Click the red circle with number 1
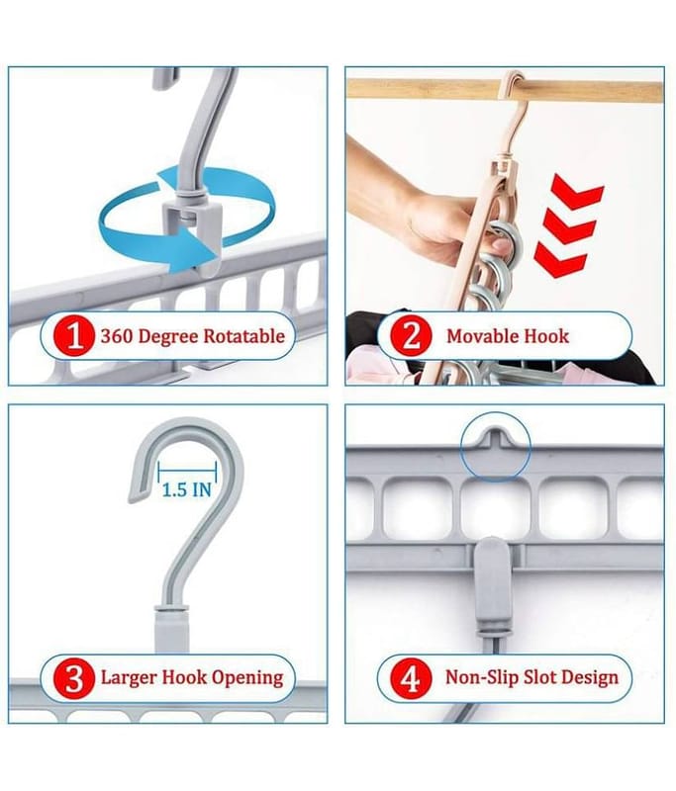(74, 335)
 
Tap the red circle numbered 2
(411, 335)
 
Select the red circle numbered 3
(74, 678)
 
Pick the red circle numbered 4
(411, 678)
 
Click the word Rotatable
(243, 336)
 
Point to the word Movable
(481, 336)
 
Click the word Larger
(129, 678)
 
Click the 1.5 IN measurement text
(186, 489)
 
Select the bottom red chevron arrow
(560, 260)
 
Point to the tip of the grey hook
(133, 498)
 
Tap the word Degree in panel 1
(168, 337)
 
